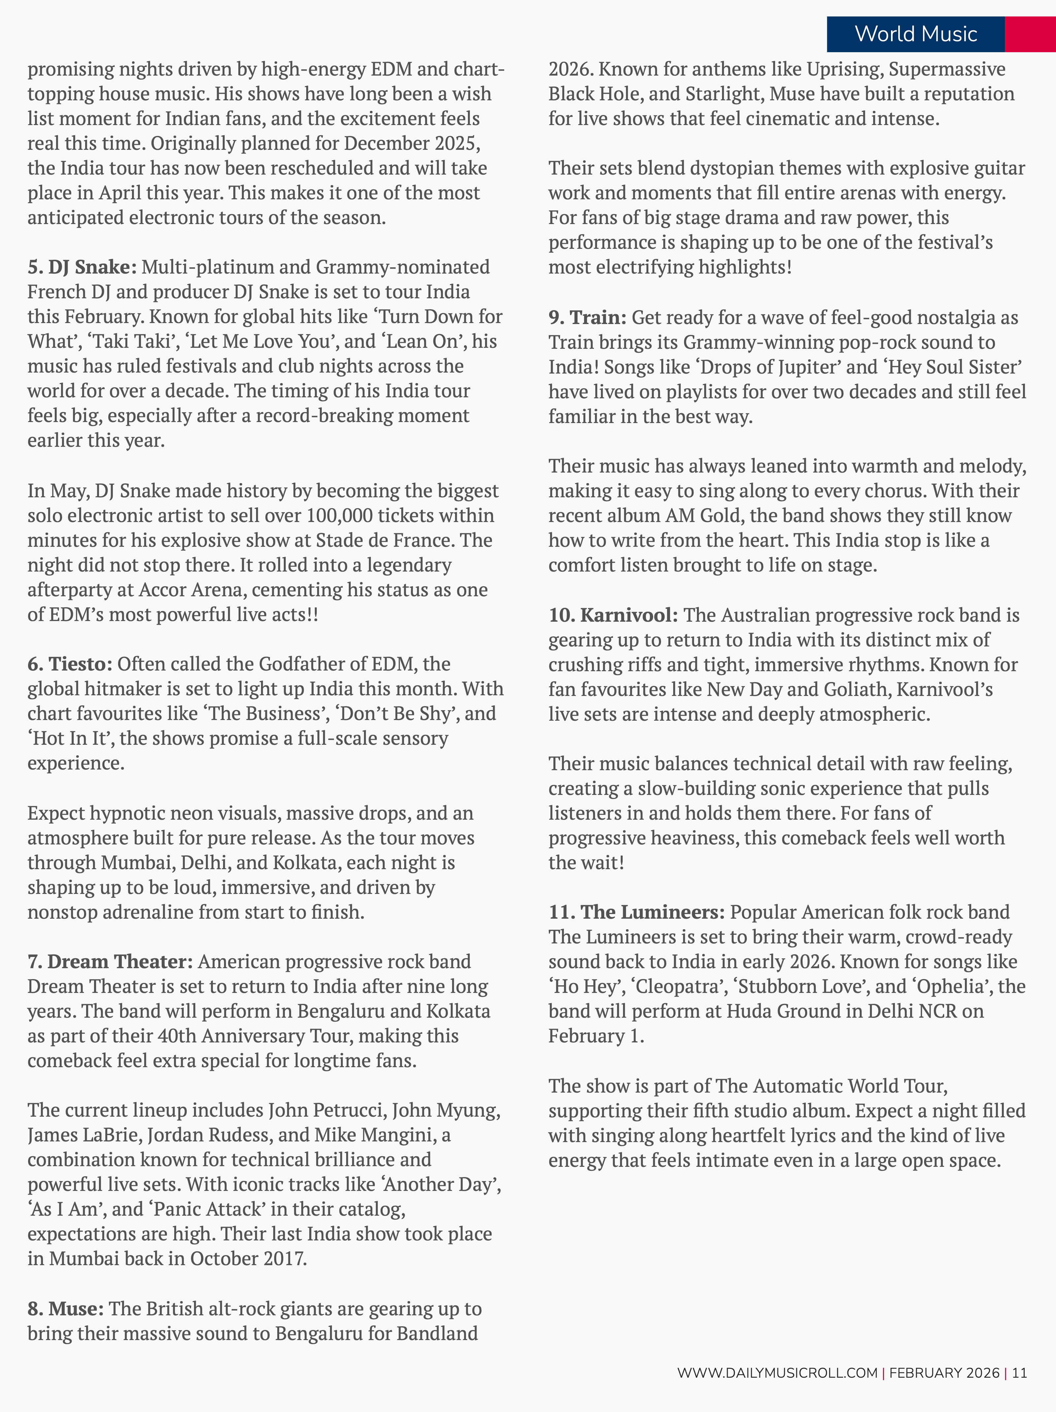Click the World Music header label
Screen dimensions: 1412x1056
[x=915, y=34]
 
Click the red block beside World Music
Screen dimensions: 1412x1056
[x=1030, y=34]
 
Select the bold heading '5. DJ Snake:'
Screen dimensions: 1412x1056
[x=82, y=267]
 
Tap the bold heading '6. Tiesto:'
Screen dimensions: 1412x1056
[x=70, y=664]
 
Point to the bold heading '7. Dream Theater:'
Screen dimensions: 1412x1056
[x=110, y=961]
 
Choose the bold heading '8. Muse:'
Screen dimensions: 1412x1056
[x=65, y=1309]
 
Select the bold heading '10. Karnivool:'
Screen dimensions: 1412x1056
[x=613, y=615]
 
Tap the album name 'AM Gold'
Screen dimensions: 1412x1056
[x=700, y=515]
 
